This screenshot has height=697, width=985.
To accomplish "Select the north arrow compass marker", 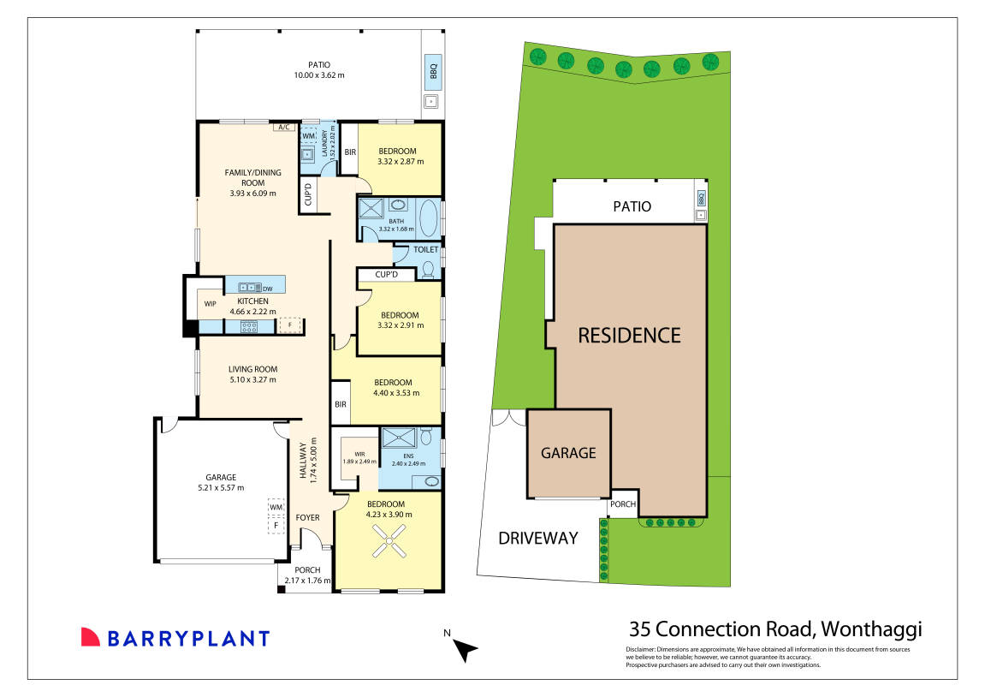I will click(x=465, y=650).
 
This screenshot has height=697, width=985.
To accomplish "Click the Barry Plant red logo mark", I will click(x=91, y=637).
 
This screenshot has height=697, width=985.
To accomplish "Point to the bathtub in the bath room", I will click(x=429, y=217).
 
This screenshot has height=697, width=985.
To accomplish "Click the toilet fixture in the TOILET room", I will click(x=429, y=269).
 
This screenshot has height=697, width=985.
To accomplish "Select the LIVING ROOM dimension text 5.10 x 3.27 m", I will click(x=252, y=379).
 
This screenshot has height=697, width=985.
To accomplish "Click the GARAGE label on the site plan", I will click(x=568, y=453).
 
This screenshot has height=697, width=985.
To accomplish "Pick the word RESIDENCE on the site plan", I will click(x=629, y=335).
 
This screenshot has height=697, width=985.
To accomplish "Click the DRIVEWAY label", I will click(x=538, y=539).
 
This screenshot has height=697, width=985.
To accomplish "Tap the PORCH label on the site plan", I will click(x=622, y=504).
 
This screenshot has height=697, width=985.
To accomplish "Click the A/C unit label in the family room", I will click(x=284, y=128).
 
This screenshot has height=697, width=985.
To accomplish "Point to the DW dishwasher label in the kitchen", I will click(x=268, y=289).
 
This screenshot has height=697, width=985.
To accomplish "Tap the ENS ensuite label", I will click(x=408, y=456).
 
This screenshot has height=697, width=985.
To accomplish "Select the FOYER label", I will click(x=307, y=517).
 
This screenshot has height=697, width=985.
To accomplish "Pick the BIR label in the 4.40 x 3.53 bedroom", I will click(x=341, y=404).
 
